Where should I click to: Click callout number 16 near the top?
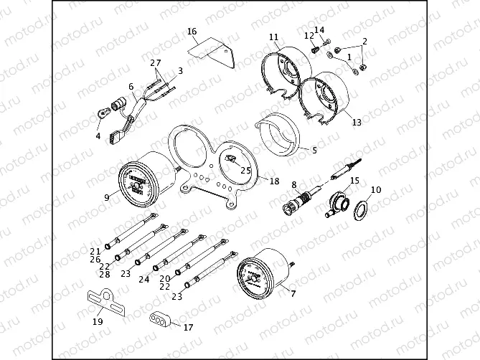(192, 32)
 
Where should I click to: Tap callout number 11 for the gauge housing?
(273, 37)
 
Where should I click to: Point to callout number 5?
(314, 151)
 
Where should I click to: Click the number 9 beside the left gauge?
(106, 197)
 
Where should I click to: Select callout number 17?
(188, 327)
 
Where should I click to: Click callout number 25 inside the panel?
(246, 171)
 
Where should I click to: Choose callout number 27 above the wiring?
(156, 63)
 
